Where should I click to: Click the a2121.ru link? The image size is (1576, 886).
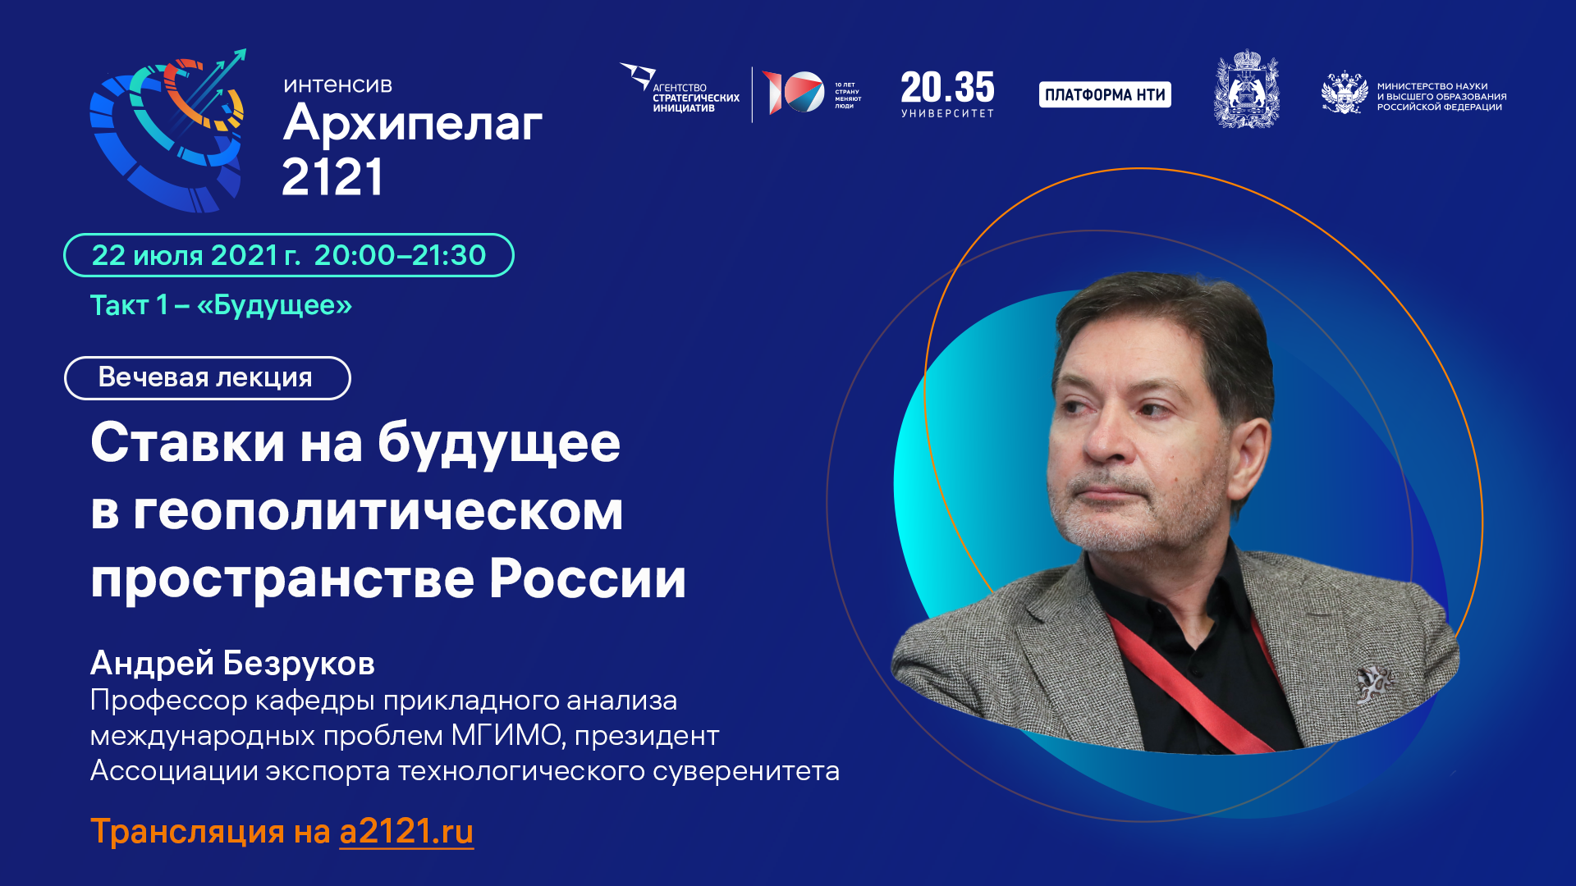(x=406, y=832)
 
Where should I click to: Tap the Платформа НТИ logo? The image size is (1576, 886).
(x=1105, y=95)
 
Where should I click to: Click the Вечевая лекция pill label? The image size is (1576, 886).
(x=206, y=377)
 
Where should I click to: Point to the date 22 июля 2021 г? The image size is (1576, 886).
(x=195, y=256)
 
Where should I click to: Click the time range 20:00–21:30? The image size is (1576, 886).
(x=400, y=256)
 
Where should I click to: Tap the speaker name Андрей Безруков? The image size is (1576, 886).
(x=232, y=663)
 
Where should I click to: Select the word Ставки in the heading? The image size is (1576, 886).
(x=188, y=443)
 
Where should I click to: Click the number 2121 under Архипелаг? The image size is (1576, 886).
(x=332, y=177)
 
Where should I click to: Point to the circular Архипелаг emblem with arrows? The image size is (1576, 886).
(x=169, y=131)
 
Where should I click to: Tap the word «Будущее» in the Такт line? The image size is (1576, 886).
(x=274, y=305)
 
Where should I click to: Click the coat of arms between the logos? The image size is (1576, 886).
(x=1246, y=90)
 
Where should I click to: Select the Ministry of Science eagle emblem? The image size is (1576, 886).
(x=1344, y=94)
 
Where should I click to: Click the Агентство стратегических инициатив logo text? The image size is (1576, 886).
(x=695, y=98)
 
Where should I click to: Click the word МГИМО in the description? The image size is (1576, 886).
(x=506, y=736)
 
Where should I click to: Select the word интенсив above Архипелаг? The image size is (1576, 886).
(x=337, y=85)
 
